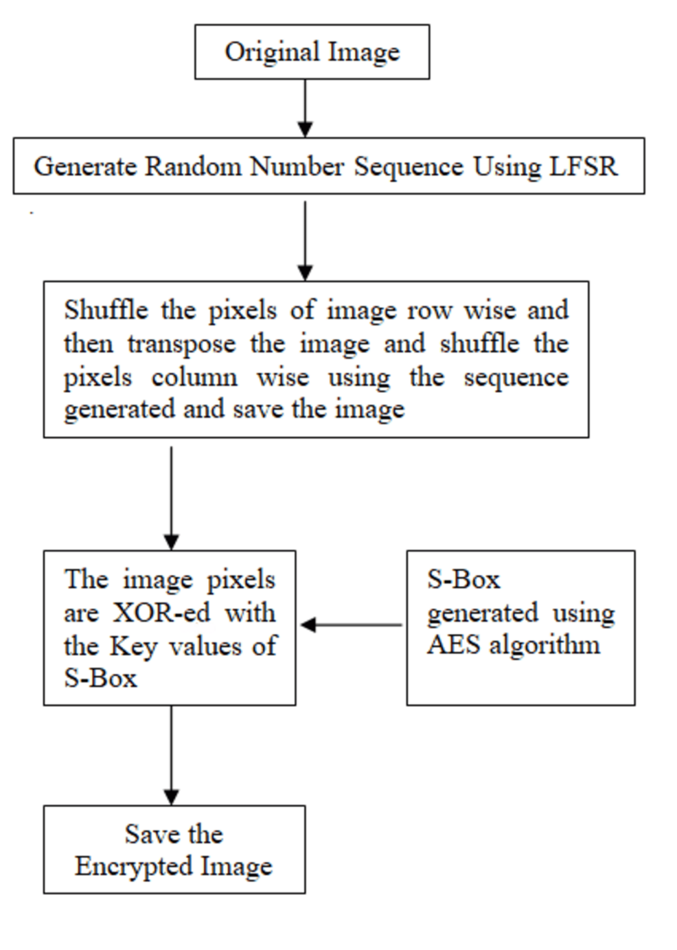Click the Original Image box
click(312, 52)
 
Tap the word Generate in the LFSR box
click(85, 167)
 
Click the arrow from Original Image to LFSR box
click(306, 108)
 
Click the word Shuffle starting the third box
click(106, 310)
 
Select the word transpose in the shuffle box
click(181, 343)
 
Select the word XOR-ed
click(161, 613)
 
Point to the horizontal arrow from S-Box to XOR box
click(351, 624)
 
